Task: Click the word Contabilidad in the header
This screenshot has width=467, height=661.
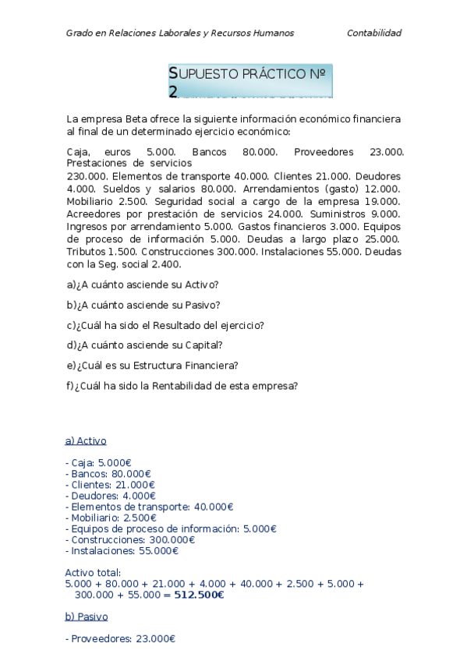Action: (x=373, y=33)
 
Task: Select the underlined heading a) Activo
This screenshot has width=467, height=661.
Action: (x=86, y=440)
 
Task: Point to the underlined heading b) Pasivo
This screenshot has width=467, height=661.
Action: (x=87, y=617)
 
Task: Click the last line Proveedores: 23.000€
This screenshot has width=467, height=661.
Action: (x=121, y=638)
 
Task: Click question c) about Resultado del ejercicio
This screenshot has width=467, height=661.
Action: (x=165, y=325)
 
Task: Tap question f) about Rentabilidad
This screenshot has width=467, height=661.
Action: (x=182, y=385)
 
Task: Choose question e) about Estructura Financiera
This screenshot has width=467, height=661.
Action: (x=153, y=365)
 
